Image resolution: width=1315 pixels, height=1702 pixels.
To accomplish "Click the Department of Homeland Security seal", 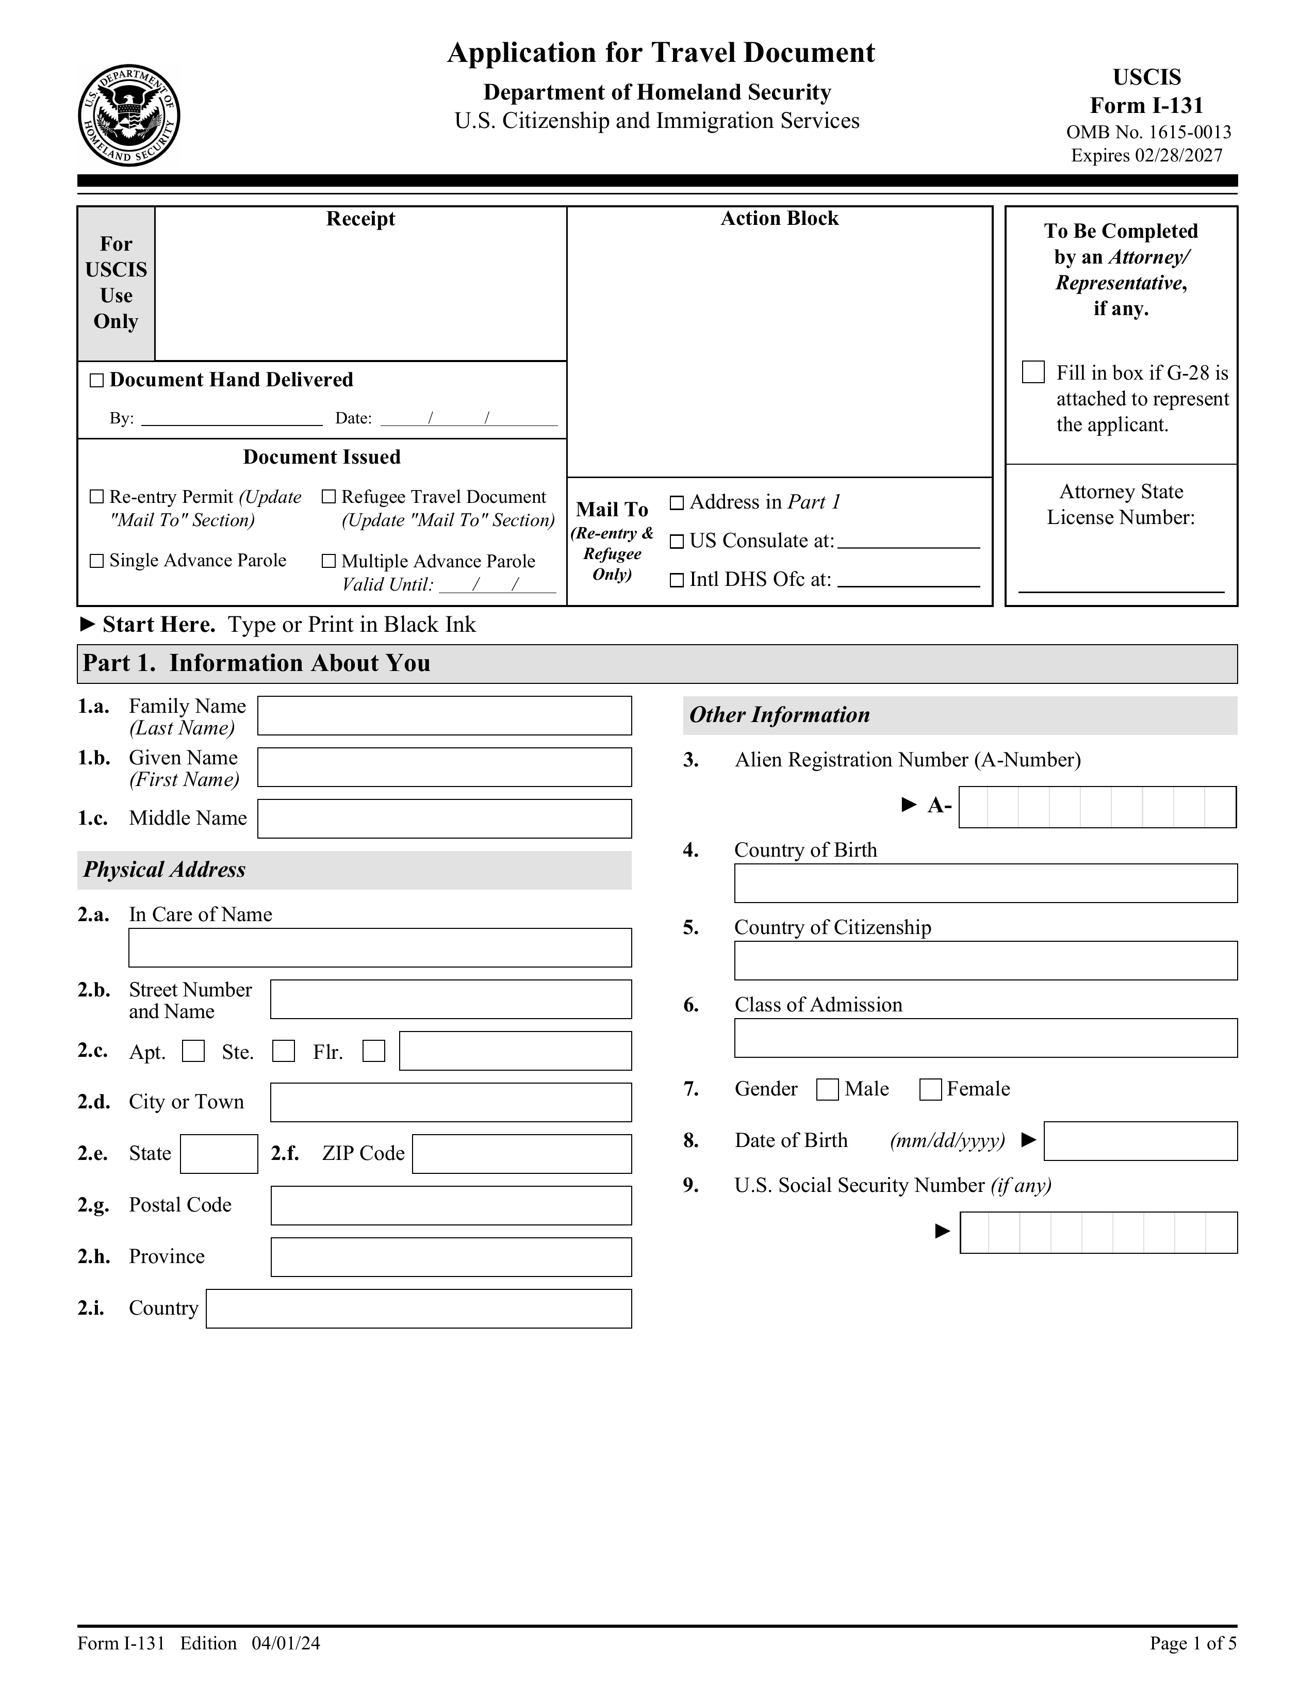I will [x=129, y=116].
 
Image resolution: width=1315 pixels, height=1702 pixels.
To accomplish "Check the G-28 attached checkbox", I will [x=1032, y=372].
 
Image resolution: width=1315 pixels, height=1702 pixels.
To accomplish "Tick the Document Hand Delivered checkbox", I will [x=96, y=380].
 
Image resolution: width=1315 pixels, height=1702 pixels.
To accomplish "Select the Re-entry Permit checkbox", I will [x=96, y=496].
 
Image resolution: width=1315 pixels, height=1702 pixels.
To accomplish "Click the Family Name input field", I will [x=444, y=715].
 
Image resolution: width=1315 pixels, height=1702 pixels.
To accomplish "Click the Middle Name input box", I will [x=444, y=819].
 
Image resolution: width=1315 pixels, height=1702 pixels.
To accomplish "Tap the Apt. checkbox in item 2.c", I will [x=193, y=1051].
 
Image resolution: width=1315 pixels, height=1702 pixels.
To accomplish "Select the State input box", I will [x=219, y=1153].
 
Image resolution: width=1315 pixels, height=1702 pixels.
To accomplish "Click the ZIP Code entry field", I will [x=521, y=1153].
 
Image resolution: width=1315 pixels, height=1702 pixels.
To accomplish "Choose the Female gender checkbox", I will [x=930, y=1089].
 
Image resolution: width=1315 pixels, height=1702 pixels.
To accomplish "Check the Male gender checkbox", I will [x=827, y=1089].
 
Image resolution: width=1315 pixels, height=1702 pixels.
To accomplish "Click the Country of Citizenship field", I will [x=985, y=960].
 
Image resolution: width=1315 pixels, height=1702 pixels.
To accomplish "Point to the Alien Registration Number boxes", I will [x=1097, y=807].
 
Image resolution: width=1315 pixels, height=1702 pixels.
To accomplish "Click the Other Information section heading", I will [x=780, y=715].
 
